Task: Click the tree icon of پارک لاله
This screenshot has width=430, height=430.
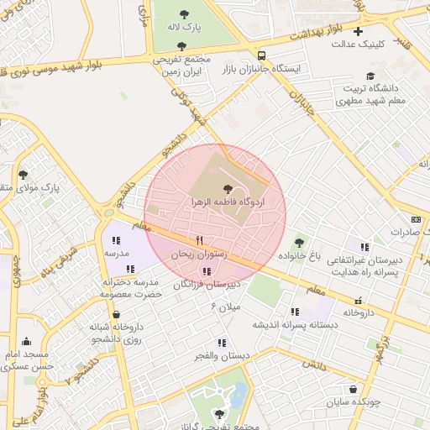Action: (x=185, y=14)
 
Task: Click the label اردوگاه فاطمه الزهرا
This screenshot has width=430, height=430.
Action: (x=228, y=204)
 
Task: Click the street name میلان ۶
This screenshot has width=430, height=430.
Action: (x=225, y=307)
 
